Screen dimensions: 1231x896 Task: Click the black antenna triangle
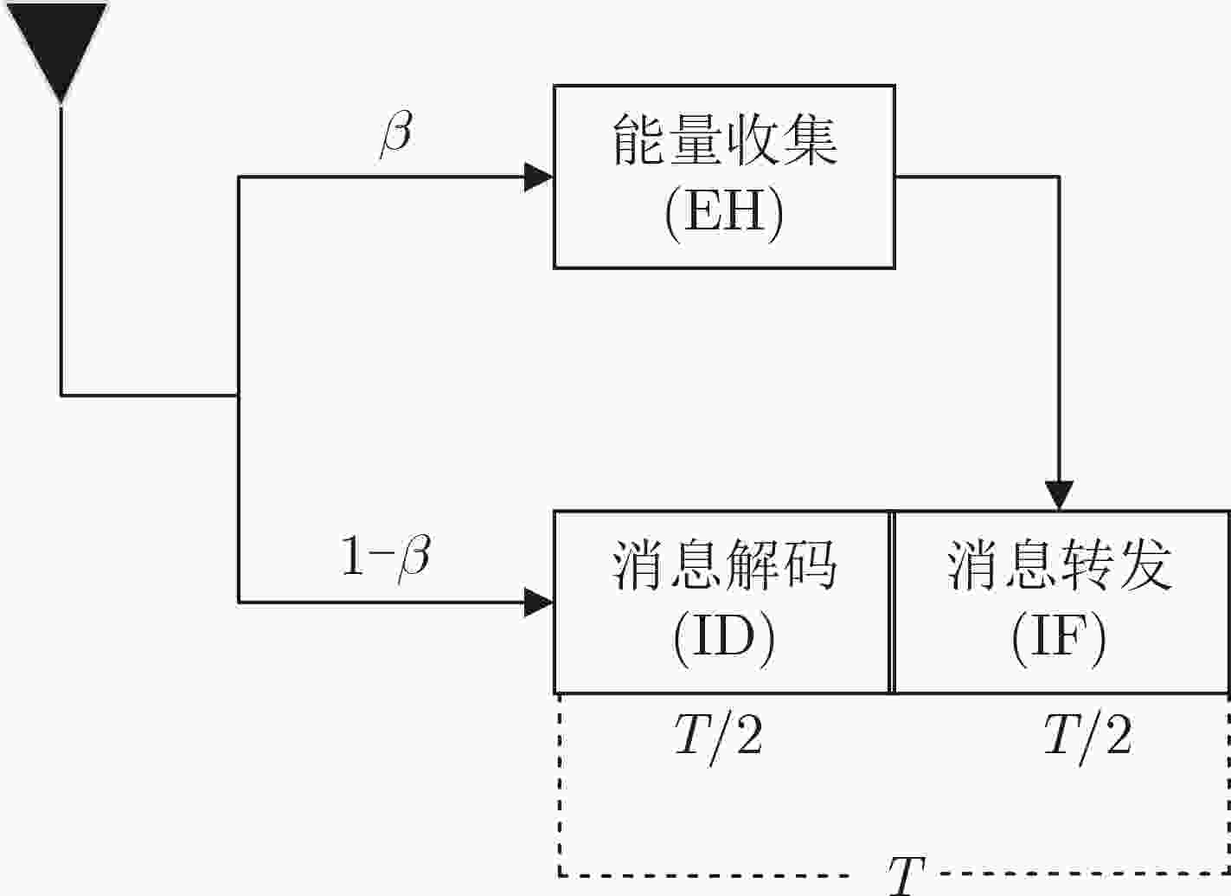click(x=57, y=44)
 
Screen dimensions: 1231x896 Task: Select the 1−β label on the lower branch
click(x=386, y=558)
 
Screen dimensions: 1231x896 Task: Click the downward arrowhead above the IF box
click(x=1059, y=495)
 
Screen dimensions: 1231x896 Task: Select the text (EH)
click(x=724, y=215)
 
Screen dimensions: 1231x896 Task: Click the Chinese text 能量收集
click(x=725, y=139)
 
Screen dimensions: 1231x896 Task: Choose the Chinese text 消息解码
click(x=725, y=565)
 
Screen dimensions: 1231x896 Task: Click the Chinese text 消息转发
click(x=1060, y=565)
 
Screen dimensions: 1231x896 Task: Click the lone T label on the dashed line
click(x=907, y=875)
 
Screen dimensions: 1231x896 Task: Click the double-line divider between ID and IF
click(x=892, y=603)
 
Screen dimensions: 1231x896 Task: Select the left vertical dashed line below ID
click(x=560, y=783)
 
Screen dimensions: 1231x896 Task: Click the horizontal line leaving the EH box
click(x=978, y=177)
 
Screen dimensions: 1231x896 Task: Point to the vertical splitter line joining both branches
click(x=239, y=390)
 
